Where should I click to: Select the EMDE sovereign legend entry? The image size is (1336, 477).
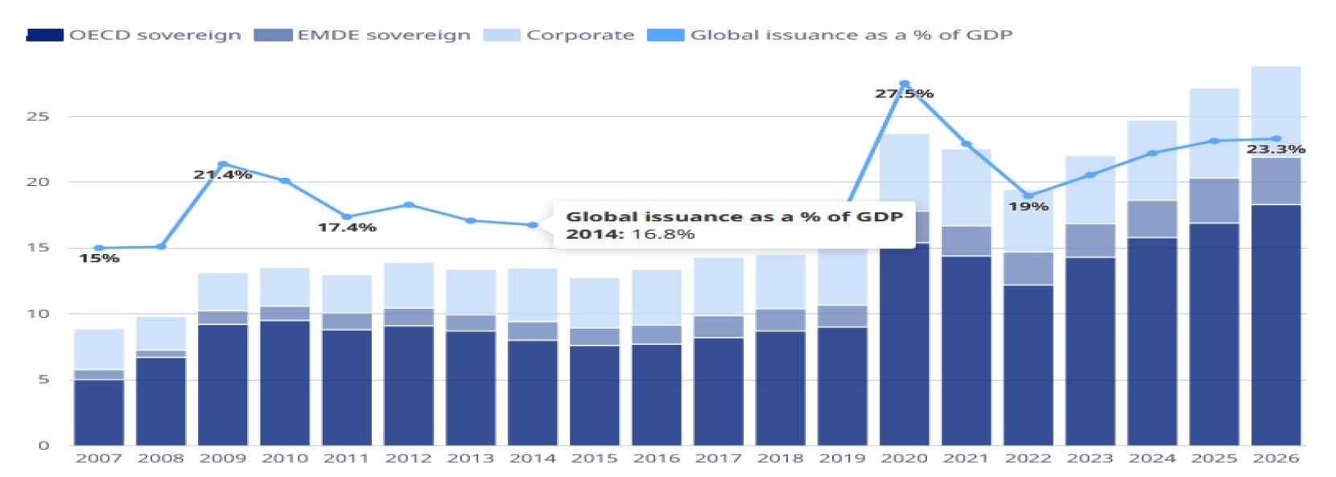click(x=362, y=35)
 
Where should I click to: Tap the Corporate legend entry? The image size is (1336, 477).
click(x=559, y=35)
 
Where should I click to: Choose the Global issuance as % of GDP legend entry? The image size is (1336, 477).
click(x=831, y=35)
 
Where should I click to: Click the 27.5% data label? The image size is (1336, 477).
click(x=904, y=94)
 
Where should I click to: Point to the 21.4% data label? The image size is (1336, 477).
click(x=222, y=175)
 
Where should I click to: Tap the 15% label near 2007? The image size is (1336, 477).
click(x=99, y=258)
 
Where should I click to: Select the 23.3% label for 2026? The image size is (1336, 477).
click(x=1276, y=150)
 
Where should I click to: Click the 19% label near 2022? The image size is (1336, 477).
click(x=1028, y=207)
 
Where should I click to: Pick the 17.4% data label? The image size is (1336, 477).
click(x=346, y=228)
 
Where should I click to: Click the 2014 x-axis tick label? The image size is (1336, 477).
click(x=532, y=458)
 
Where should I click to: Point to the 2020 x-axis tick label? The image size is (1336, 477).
click(x=904, y=458)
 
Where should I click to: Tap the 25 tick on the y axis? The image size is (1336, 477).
click(x=38, y=117)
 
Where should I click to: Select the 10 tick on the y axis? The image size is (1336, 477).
click(x=38, y=314)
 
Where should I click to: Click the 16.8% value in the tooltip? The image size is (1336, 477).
click(x=664, y=234)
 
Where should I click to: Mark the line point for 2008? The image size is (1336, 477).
click(x=161, y=246)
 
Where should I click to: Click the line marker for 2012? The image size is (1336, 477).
click(x=409, y=205)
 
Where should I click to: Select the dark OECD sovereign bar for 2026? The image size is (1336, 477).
click(x=1276, y=322)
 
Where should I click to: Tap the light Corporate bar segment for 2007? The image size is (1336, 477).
click(x=99, y=349)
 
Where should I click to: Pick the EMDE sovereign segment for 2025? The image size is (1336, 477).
click(x=1214, y=200)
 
